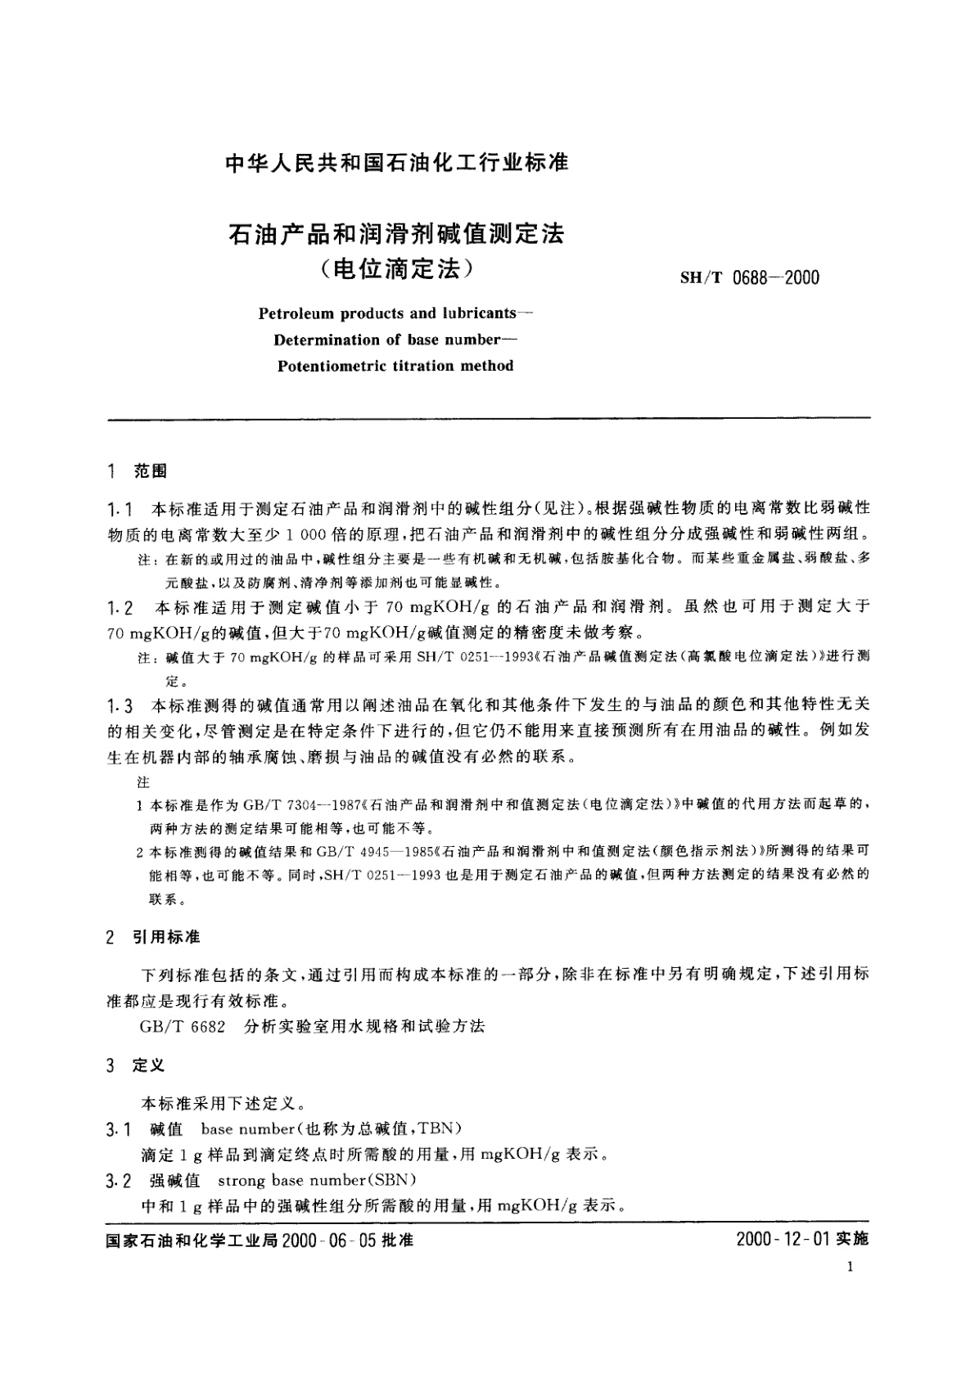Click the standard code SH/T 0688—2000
coord(749,278)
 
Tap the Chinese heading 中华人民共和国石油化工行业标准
coord(396,163)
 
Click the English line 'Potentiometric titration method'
coord(395,366)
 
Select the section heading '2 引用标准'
coord(153,937)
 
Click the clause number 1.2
coord(120,607)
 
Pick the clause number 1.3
coord(120,705)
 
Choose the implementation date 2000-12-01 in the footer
coord(782,1240)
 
